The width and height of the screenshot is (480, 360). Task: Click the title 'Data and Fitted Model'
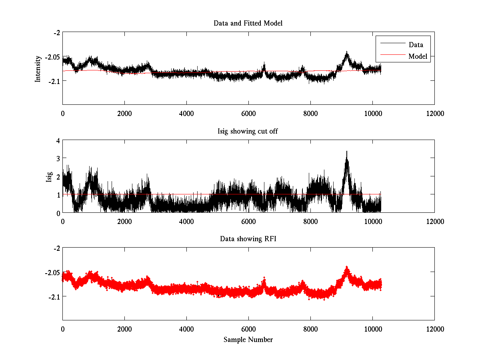tap(248, 23)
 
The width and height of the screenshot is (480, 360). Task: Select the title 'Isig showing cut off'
tap(248, 131)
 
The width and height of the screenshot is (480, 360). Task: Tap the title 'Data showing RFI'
tap(248, 239)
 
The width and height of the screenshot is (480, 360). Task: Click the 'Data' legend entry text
tap(416, 45)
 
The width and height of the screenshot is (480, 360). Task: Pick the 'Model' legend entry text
tap(418, 56)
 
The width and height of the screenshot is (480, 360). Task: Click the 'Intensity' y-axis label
tap(38, 69)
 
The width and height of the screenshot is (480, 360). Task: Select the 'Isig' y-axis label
tap(49, 176)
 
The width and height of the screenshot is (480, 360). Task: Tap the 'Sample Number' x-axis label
tap(248, 340)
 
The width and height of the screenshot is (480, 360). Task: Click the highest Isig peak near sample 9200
tap(347, 152)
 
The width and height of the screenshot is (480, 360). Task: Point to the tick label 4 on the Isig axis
tap(58, 140)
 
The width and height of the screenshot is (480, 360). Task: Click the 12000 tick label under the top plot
tap(434, 113)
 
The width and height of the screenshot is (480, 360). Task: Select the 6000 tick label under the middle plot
tap(248, 221)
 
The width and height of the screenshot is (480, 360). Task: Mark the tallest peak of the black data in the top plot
tap(347, 52)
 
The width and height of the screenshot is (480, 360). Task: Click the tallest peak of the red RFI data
tap(347, 267)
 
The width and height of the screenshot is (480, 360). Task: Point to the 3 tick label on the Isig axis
tap(58, 158)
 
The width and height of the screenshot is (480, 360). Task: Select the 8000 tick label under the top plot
tap(310, 113)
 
